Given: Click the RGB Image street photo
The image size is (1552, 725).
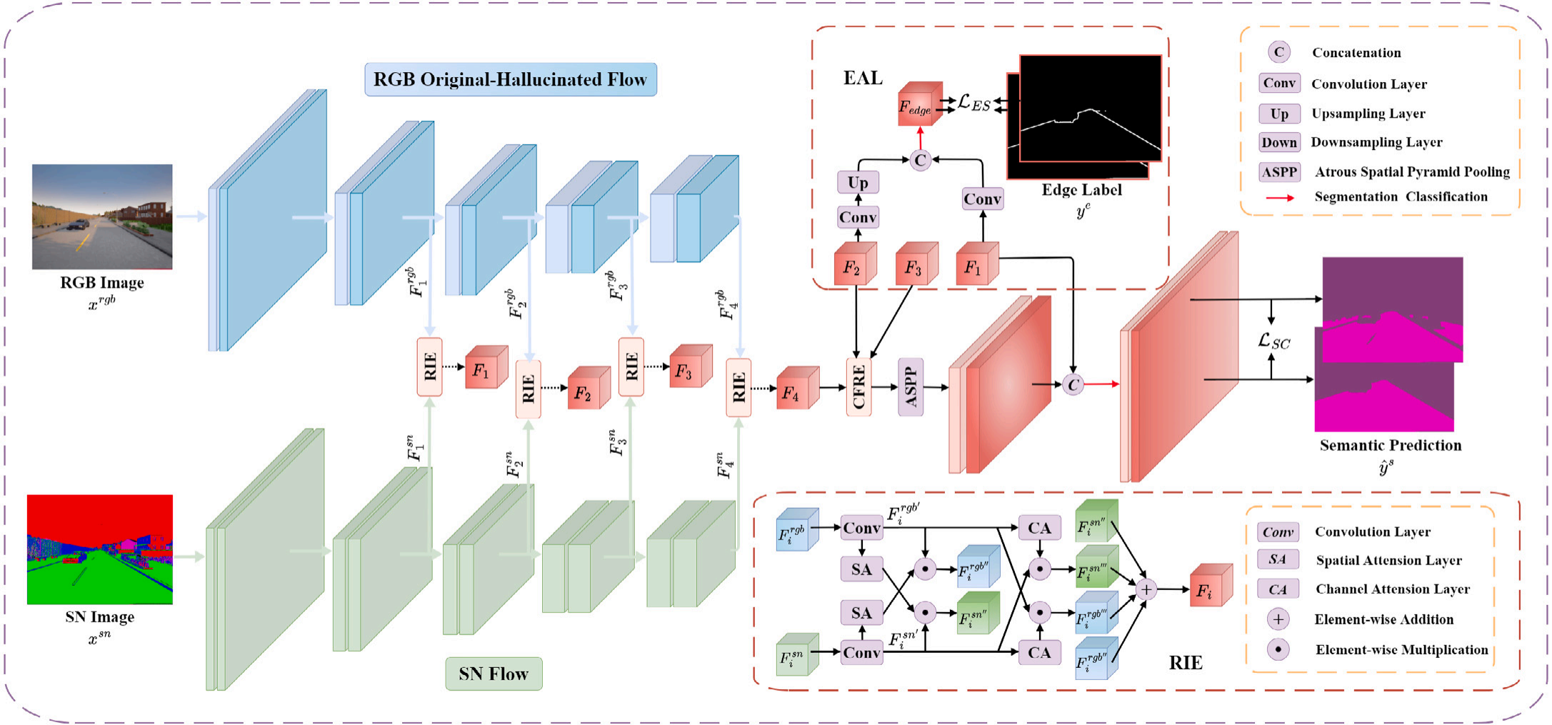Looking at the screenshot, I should click(102, 216).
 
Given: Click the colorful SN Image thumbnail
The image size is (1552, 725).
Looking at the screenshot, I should click(100, 549).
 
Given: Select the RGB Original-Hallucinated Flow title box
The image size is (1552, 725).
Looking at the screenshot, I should click(510, 79).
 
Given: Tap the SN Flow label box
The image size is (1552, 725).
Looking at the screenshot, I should click(494, 674).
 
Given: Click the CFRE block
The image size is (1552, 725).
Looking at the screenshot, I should click(858, 386).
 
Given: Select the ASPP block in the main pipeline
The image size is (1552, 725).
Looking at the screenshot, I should click(911, 386).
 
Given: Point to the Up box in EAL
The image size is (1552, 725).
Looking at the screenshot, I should click(858, 182).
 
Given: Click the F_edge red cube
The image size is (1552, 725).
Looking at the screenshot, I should click(918, 106).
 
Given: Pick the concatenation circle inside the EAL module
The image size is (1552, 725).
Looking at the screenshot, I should click(920, 160).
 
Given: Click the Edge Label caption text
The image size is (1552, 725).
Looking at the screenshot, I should click(1081, 190).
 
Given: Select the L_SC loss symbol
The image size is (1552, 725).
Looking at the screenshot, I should click(1274, 341).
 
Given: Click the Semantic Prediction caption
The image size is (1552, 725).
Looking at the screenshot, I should click(1390, 446).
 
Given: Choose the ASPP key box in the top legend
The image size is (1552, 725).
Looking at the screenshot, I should click(1279, 172).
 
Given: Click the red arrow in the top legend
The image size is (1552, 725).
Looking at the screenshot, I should click(1280, 198).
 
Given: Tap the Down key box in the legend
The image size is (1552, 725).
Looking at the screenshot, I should click(1279, 142).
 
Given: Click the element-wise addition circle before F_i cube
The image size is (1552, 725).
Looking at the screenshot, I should click(1146, 589).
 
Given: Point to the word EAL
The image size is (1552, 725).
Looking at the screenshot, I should click(863, 78).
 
